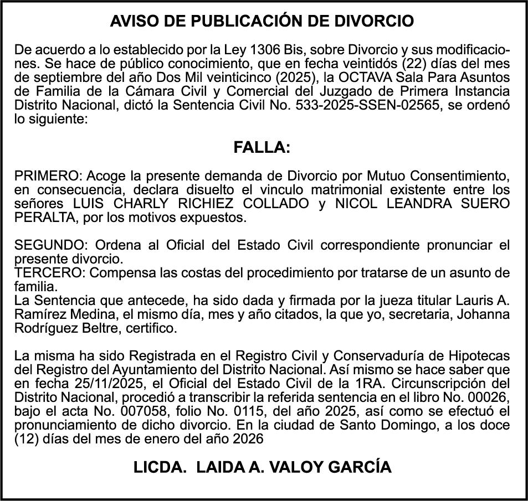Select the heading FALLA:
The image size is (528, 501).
point(262,148)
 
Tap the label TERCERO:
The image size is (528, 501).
point(50,273)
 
